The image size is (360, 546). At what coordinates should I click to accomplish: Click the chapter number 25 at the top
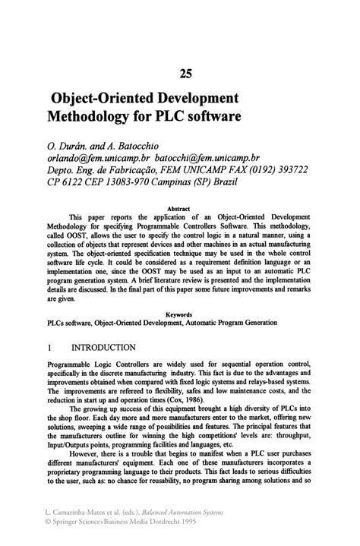[186, 74]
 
